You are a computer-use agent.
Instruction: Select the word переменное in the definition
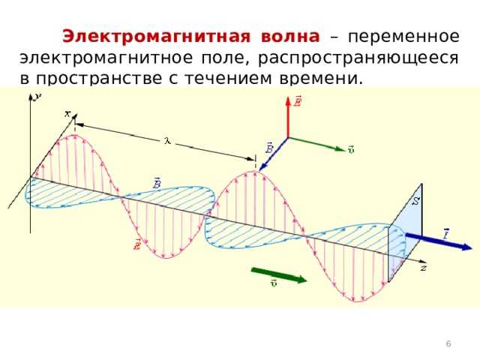[x=404, y=36]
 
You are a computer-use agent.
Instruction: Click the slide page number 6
[x=448, y=343]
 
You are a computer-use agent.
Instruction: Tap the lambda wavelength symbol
[x=168, y=140]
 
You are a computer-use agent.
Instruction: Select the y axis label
[x=37, y=95]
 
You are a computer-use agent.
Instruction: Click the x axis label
[x=67, y=113]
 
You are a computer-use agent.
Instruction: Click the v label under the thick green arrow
[x=274, y=285]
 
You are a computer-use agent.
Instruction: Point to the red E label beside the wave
[x=138, y=245]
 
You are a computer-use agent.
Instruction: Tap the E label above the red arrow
[x=298, y=100]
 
